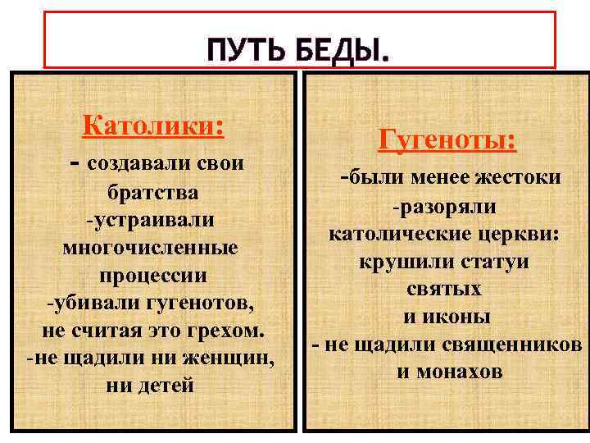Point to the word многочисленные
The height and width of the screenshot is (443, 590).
(x=150, y=247)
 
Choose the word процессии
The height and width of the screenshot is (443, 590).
(x=153, y=275)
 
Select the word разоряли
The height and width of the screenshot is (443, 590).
(x=449, y=207)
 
